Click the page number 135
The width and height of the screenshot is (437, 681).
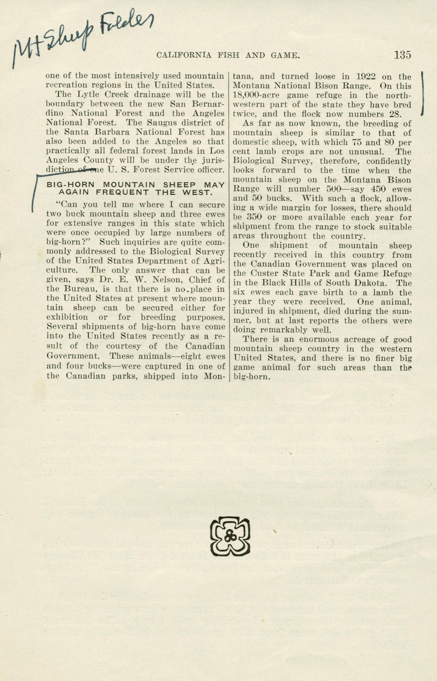tap(402, 55)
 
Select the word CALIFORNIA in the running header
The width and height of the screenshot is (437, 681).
tap(184, 55)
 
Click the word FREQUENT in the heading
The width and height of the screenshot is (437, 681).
tap(122, 192)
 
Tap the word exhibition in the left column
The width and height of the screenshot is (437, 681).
tap(67, 317)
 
